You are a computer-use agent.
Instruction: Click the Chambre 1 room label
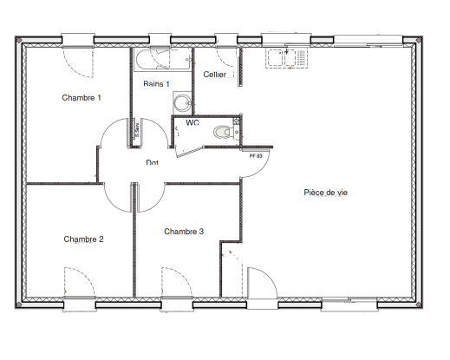(82, 98)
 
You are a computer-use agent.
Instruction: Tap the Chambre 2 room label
(83, 239)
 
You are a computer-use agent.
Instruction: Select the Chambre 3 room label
(184, 232)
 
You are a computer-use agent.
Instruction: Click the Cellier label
(215, 75)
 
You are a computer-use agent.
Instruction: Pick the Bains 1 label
(156, 83)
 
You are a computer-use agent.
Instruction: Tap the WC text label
(192, 123)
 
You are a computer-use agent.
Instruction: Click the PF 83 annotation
(256, 156)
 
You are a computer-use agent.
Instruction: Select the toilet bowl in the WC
(224, 133)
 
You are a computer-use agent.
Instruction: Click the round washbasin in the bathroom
(181, 103)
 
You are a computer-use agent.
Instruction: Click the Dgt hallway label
(152, 162)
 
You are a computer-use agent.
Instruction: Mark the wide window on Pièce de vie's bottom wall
(349, 304)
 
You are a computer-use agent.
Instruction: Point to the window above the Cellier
(226, 38)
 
